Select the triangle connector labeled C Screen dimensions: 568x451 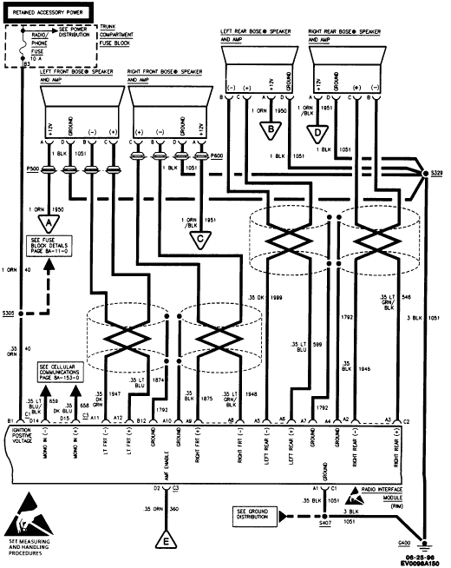pyautogui.click(x=201, y=239)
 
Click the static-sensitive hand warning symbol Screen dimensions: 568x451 pyautogui.click(x=32, y=518)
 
